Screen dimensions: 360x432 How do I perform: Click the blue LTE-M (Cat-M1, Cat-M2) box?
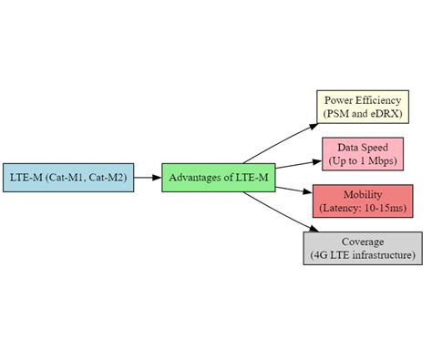(x=68, y=177)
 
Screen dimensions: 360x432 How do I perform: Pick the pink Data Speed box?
(x=362, y=153)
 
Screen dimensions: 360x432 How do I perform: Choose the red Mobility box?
(x=362, y=201)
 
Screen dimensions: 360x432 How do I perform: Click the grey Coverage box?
(x=362, y=248)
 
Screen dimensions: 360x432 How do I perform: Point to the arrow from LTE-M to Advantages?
(x=148, y=177)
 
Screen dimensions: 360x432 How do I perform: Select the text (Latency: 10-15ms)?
(x=362, y=208)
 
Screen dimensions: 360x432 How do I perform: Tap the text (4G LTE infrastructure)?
(x=362, y=255)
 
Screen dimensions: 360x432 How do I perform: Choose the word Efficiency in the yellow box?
(x=379, y=98)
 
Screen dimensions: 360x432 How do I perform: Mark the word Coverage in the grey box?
(x=362, y=241)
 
